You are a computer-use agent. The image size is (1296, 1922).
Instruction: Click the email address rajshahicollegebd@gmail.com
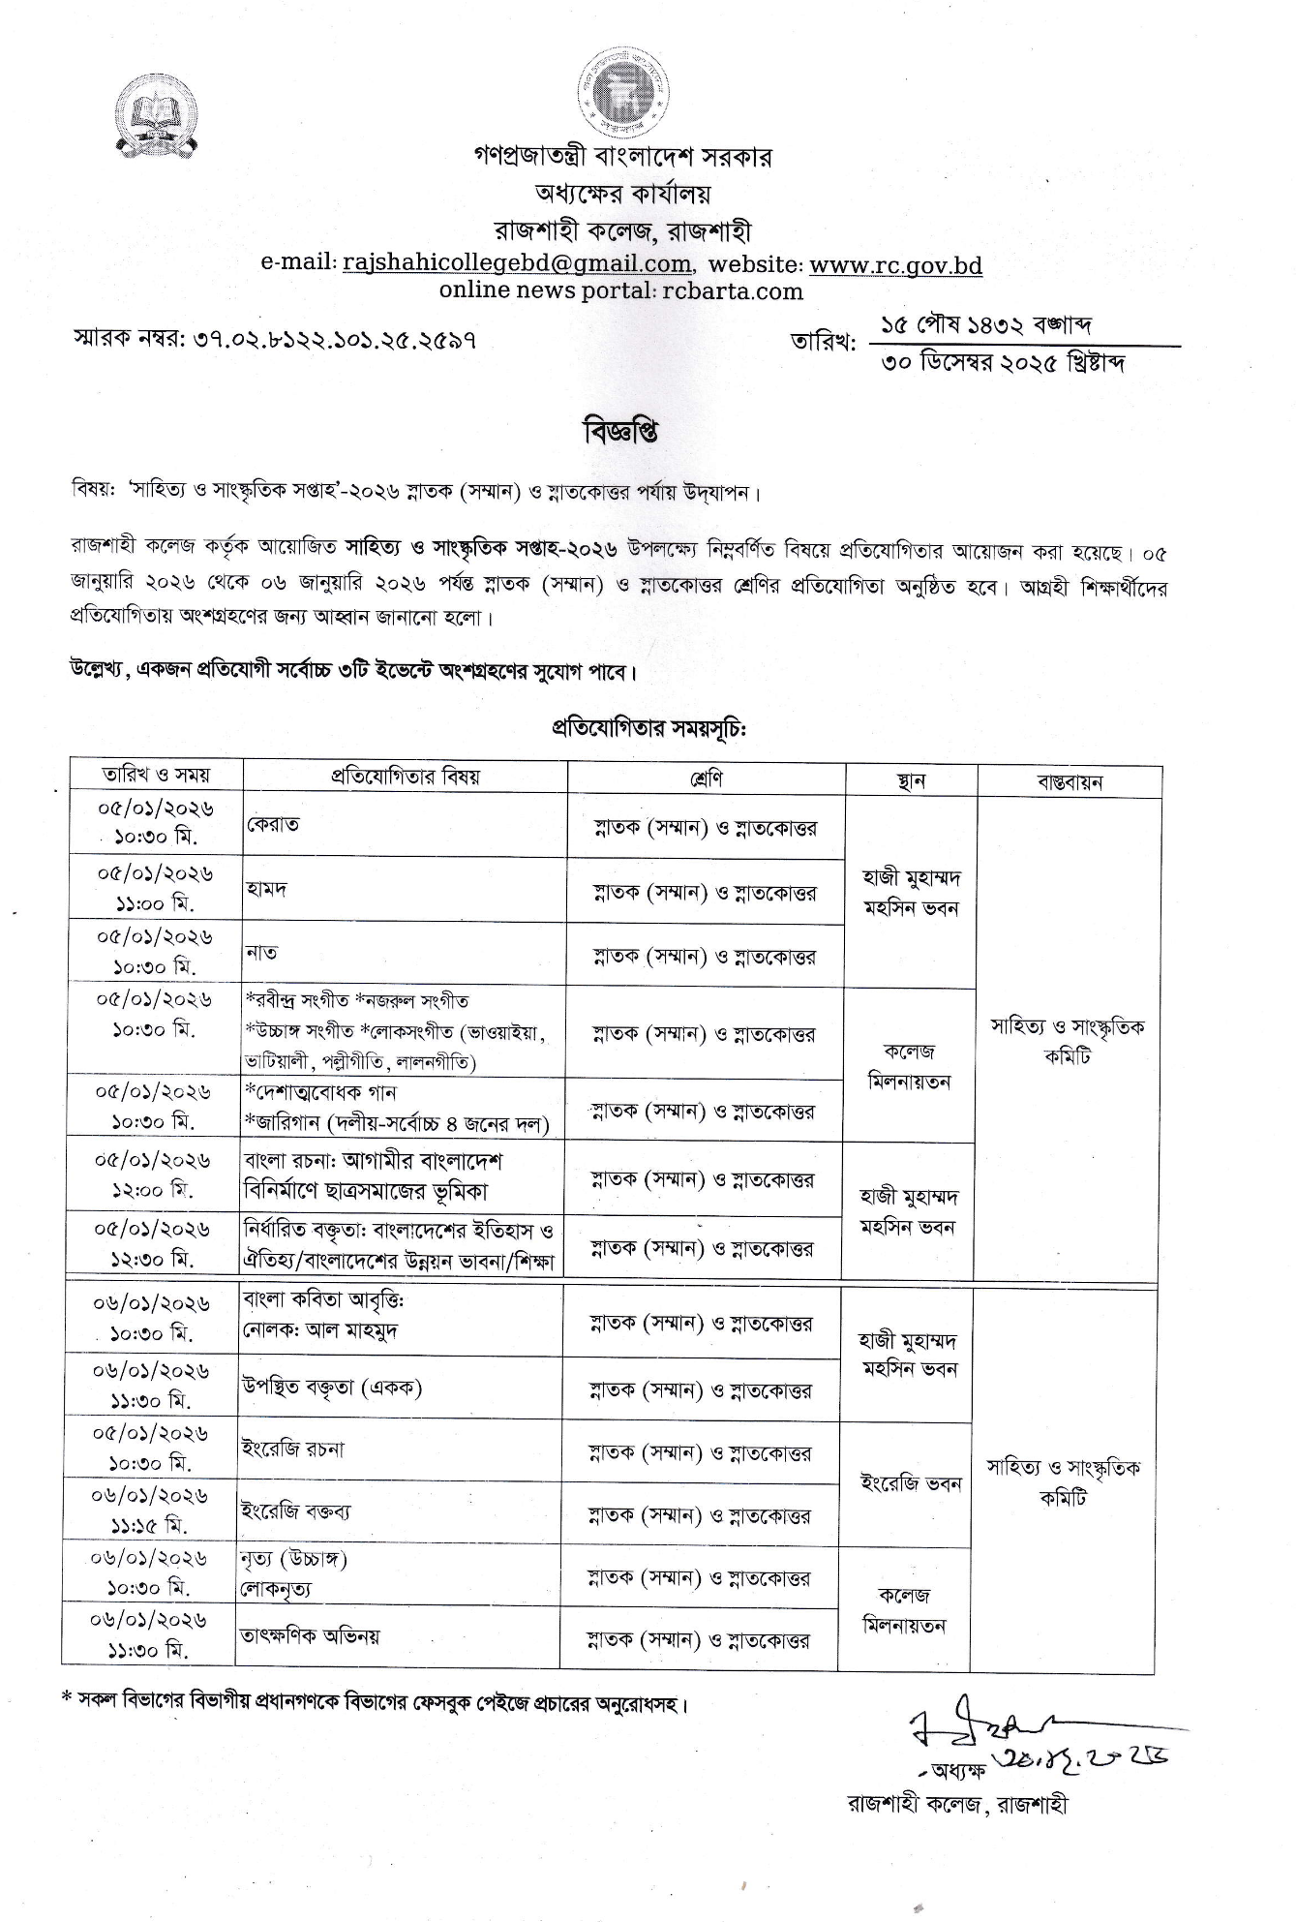[517, 263]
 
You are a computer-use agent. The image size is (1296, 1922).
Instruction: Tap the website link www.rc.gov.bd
[895, 264]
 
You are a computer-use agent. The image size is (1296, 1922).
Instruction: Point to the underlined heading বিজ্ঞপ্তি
[620, 432]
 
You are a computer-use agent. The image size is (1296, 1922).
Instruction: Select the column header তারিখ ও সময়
[156, 775]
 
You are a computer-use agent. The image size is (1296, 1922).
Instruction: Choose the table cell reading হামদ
[266, 888]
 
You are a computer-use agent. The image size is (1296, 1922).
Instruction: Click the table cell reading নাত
[262, 953]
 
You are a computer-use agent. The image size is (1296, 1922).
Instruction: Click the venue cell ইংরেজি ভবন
[910, 1483]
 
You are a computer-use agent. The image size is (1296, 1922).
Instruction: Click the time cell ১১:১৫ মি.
[149, 1525]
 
